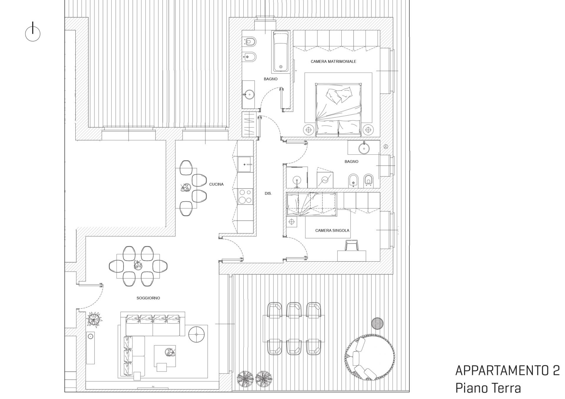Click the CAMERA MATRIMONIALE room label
click(x=333, y=61)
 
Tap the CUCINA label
click(x=216, y=184)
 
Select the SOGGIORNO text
click(x=148, y=298)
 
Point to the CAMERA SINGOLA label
click(x=332, y=231)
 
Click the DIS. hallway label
click(x=268, y=194)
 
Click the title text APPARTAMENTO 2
click(x=507, y=370)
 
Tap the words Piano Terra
click(x=488, y=388)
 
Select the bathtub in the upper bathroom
click(x=281, y=52)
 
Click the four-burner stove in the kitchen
click(x=245, y=196)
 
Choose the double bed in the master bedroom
click(x=338, y=110)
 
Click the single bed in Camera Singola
click(x=312, y=204)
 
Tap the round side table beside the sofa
click(x=197, y=334)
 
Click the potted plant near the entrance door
click(x=94, y=319)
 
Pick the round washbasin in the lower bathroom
click(x=364, y=148)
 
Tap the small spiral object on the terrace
click(x=377, y=323)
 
